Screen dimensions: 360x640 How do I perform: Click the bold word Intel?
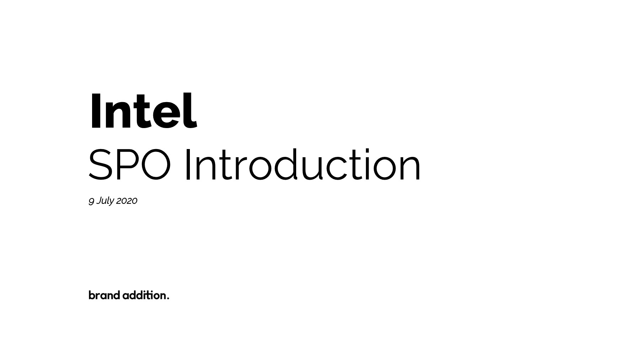(x=143, y=111)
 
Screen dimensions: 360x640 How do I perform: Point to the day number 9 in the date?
(x=91, y=201)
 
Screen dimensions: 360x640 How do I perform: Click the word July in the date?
(x=105, y=201)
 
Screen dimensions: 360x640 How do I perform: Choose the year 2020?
(x=127, y=201)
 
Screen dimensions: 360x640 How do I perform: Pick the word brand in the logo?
(x=104, y=295)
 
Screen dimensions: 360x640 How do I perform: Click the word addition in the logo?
(x=144, y=295)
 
